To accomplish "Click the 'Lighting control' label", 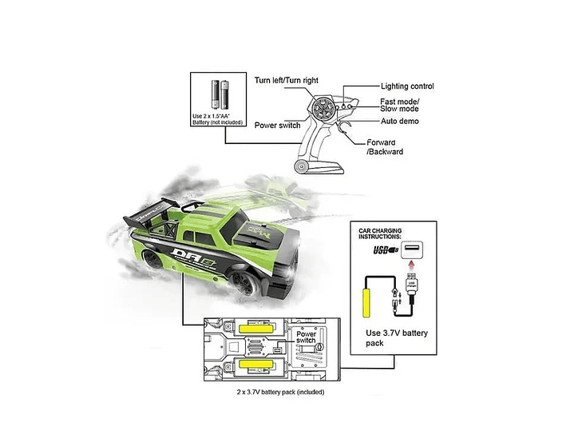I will [408, 86].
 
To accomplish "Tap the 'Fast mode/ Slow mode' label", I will [400, 105].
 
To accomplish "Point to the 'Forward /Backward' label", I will [384, 146].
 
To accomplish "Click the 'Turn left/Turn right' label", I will [286, 81].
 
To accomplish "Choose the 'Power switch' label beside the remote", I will [277, 125].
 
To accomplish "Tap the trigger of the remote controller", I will [346, 131].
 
